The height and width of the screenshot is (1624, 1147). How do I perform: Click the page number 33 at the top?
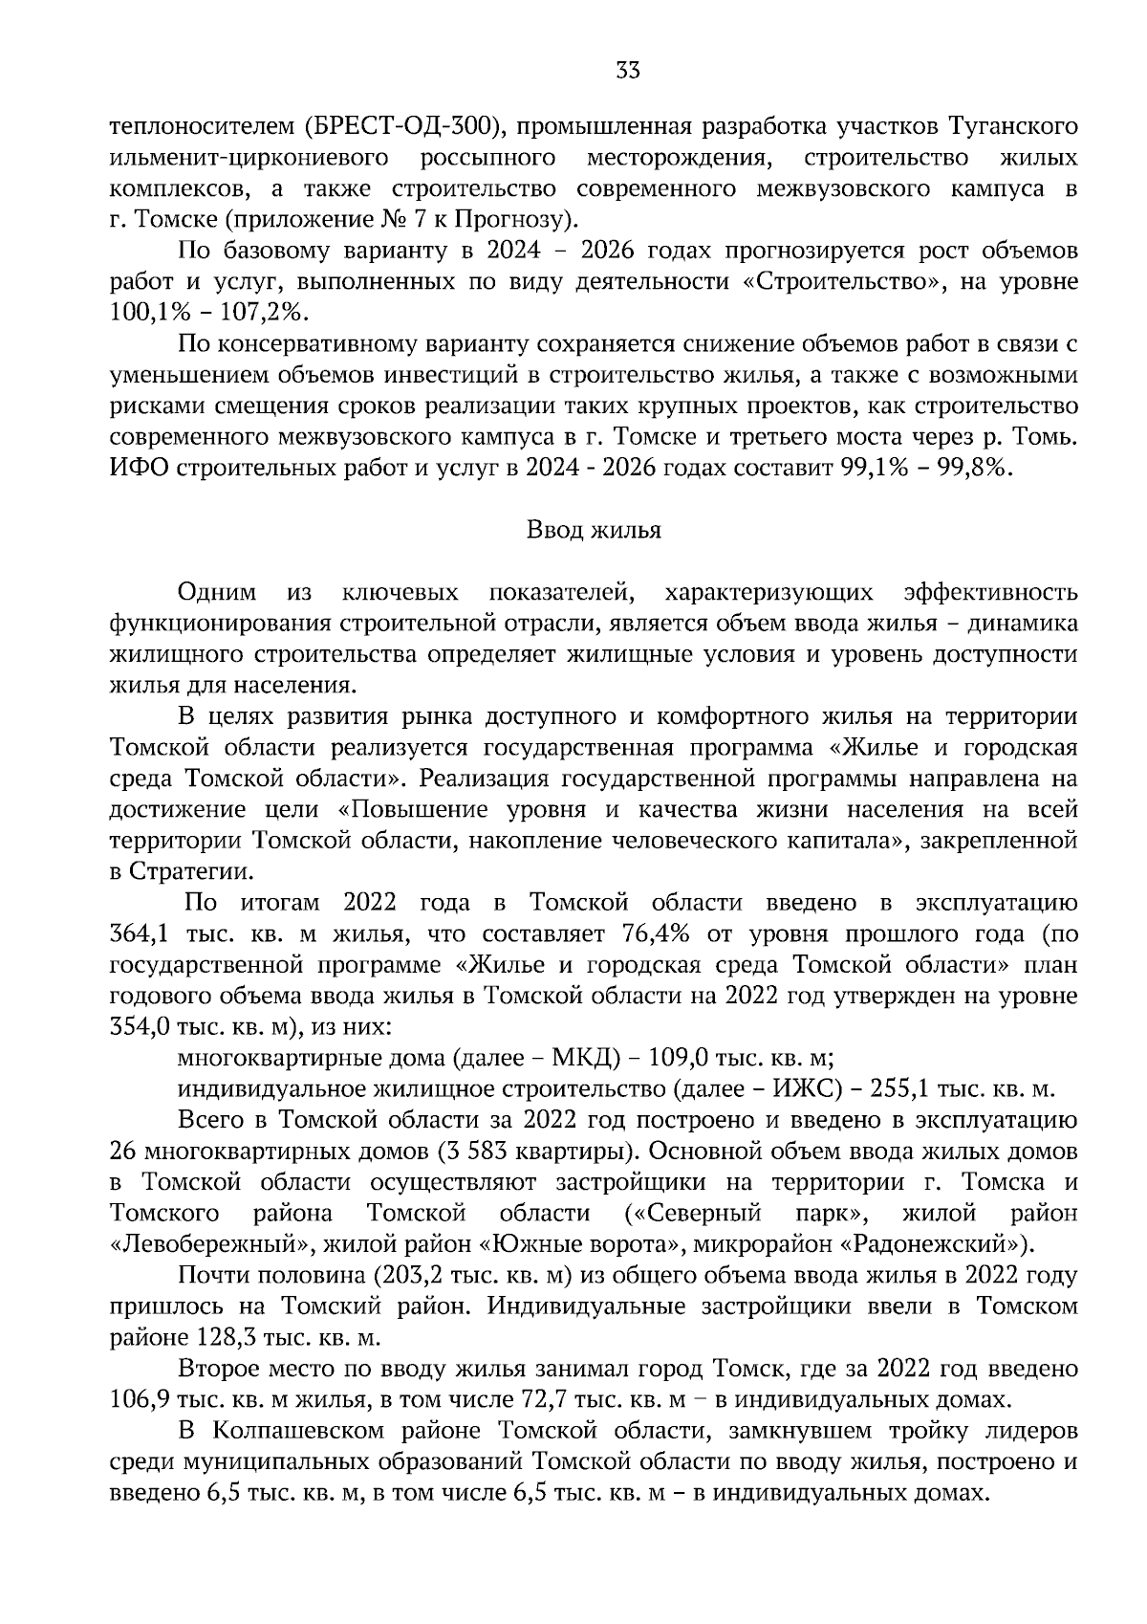tap(628, 71)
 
